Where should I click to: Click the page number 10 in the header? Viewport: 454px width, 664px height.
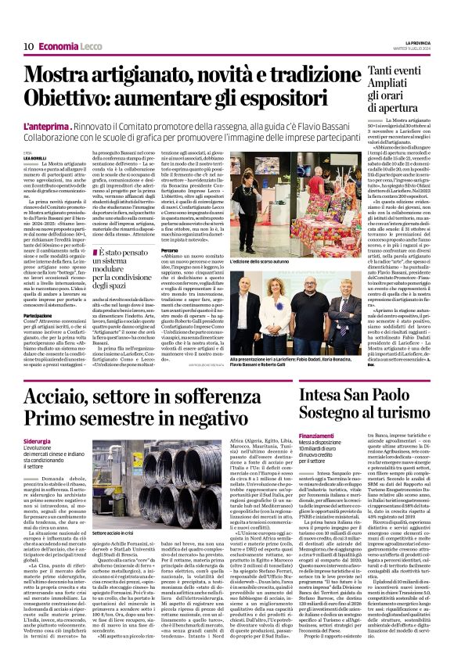click(27, 46)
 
